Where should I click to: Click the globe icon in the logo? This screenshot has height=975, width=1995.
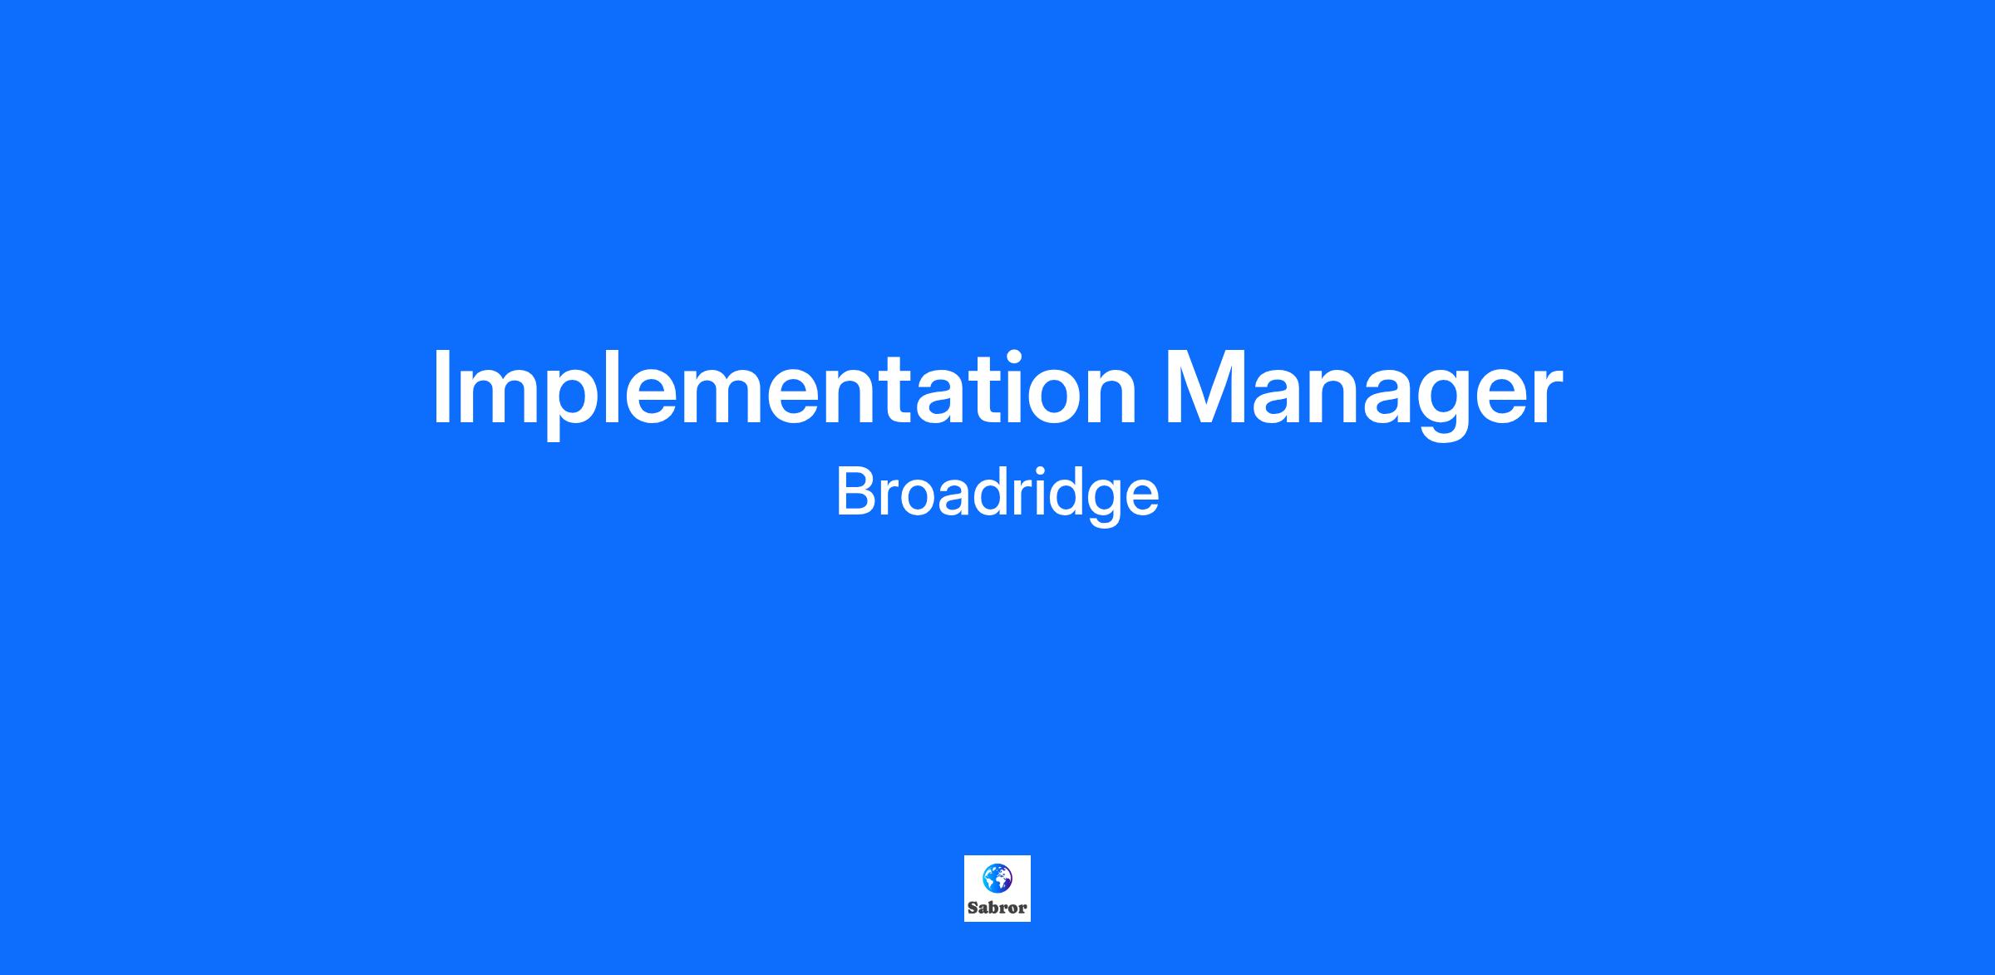click(x=997, y=877)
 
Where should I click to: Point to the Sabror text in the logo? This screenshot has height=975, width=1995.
click(x=997, y=908)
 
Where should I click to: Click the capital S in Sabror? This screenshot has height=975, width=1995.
click(x=973, y=908)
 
